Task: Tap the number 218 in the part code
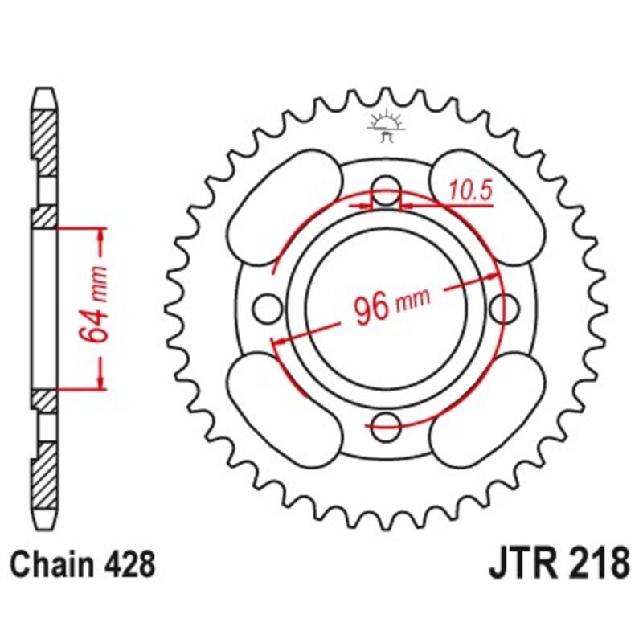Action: tap(596, 562)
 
